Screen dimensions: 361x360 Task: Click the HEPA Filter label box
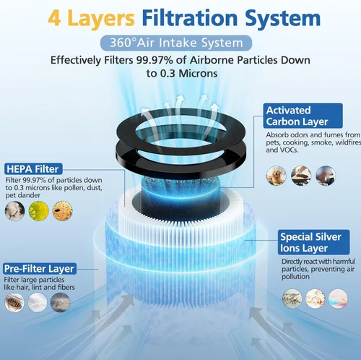click(x=33, y=169)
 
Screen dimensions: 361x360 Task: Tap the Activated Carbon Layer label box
click(x=303, y=116)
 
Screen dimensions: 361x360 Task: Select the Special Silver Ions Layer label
click(x=314, y=242)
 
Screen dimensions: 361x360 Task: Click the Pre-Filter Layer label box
click(x=40, y=268)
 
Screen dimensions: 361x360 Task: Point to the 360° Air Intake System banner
click(x=176, y=43)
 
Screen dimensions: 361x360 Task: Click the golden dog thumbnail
click(x=277, y=176)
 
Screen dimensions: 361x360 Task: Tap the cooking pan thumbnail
click(x=301, y=176)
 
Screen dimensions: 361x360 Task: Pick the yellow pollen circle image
click(x=39, y=211)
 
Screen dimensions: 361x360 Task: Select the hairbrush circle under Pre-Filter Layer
click(x=14, y=302)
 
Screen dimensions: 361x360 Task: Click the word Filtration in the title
click(x=190, y=18)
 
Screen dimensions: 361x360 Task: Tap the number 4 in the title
click(x=54, y=19)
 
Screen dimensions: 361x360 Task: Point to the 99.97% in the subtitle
click(x=155, y=60)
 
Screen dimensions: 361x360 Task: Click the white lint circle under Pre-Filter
click(x=38, y=302)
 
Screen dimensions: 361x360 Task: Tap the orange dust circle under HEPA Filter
click(x=63, y=211)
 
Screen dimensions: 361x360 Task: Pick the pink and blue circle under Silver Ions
click(x=338, y=299)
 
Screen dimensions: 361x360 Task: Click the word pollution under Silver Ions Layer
click(x=295, y=277)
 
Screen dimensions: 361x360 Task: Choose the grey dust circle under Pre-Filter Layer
click(x=60, y=302)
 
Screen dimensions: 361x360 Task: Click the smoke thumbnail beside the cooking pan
click(x=326, y=176)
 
